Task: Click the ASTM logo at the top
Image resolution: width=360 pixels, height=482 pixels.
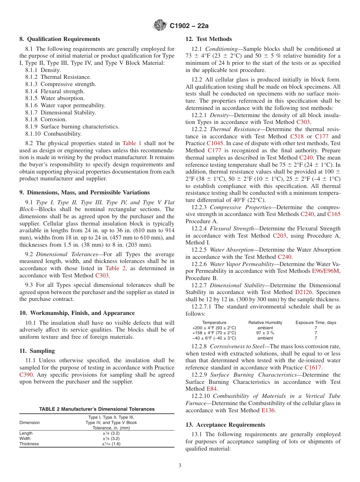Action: tap(160, 26)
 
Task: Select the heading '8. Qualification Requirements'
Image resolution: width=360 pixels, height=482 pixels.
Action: tap(59, 39)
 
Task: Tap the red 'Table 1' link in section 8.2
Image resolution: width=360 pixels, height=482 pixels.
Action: tap(131, 143)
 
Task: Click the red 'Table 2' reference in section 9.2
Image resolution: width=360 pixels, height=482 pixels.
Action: tap(114, 268)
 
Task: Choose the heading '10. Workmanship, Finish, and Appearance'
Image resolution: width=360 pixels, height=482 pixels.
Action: tap(77, 313)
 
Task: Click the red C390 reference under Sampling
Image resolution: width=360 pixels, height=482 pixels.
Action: tap(26, 374)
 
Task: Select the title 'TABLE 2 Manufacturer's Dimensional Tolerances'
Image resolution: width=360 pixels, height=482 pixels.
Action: tap(97, 409)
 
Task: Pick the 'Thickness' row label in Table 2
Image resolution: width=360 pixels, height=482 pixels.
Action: tap(29, 444)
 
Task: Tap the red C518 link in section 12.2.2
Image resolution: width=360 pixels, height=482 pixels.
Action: tap(297, 136)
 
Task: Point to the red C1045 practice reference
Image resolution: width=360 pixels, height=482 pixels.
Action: tap(215, 144)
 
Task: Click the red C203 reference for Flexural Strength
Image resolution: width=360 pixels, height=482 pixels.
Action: tap(279, 236)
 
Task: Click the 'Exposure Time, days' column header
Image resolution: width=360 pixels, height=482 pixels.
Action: tap(316, 322)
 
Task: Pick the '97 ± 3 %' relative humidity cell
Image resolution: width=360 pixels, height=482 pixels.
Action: tap(265, 333)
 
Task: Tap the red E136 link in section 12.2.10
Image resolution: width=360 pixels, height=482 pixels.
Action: tap(268, 410)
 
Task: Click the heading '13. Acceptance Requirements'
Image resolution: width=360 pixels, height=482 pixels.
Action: tap(225, 424)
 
